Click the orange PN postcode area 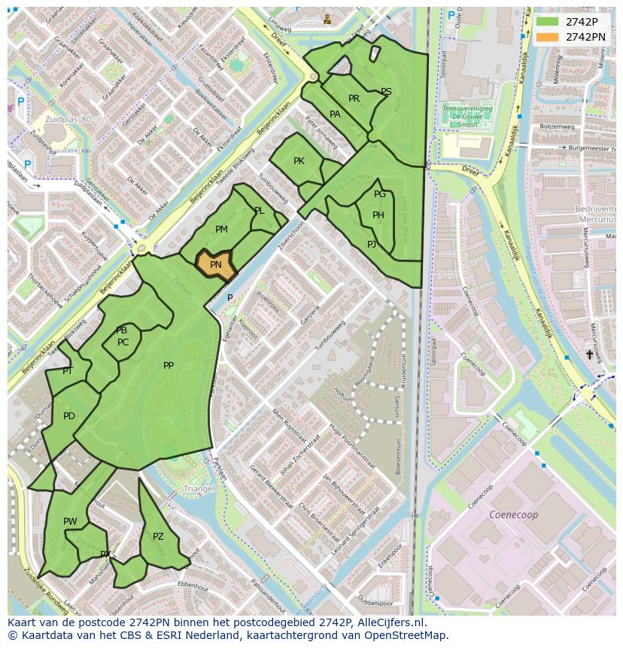coord(216,264)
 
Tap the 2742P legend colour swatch coord(547,22)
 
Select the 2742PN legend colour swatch coord(547,37)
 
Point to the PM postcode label coord(221,230)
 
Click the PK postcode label coord(299,161)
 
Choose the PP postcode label coord(169,366)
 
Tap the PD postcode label coord(69,416)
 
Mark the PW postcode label coord(70,522)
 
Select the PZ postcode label coord(158,537)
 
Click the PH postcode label coord(378,215)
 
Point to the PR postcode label coord(354,99)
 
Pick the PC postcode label coord(123,342)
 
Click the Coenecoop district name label coord(514,515)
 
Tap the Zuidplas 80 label coord(67,120)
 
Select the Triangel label coord(199,488)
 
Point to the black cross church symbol coord(588,354)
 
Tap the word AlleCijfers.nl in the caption coord(391,622)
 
